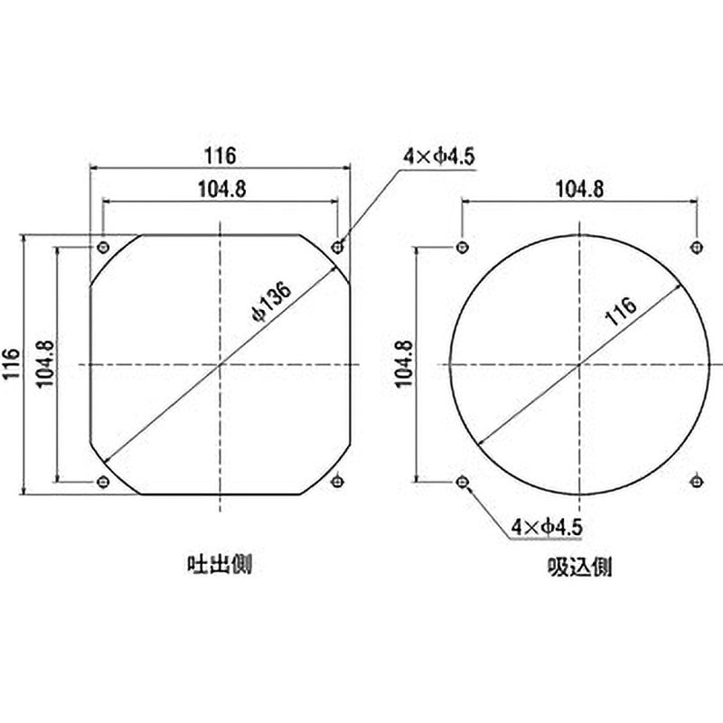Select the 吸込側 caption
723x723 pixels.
point(579,567)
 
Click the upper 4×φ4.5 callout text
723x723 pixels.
point(439,156)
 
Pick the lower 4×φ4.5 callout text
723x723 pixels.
point(546,526)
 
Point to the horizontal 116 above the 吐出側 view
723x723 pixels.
point(220,155)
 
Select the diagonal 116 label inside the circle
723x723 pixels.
point(622,310)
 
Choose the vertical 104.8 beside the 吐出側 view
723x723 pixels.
point(42,363)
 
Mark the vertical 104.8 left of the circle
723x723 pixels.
point(403,363)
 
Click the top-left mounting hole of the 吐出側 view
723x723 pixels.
point(103,247)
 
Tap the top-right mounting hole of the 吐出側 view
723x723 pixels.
point(338,247)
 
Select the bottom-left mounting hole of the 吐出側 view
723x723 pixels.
point(103,481)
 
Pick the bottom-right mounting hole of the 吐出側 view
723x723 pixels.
point(338,481)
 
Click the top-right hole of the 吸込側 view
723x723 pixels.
point(697,247)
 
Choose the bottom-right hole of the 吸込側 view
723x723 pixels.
point(697,481)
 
